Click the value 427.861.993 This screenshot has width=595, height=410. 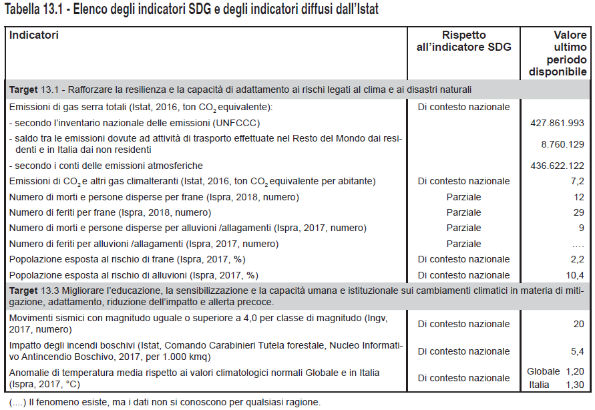pyautogui.click(x=556, y=123)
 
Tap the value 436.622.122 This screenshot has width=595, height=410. pyautogui.click(x=556, y=165)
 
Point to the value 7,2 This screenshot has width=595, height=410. pyautogui.click(x=578, y=181)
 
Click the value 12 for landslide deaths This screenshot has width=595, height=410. pyautogui.click(x=579, y=197)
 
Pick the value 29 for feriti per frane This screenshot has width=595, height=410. pyautogui.click(x=579, y=212)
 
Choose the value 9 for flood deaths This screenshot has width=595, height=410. pyautogui.click(x=582, y=228)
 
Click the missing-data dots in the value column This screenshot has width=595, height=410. pyautogui.click(x=578, y=244)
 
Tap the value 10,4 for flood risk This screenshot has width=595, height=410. pyautogui.click(x=576, y=275)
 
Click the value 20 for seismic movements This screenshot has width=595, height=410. pyautogui.click(x=579, y=324)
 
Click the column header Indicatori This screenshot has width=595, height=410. pyautogui.click(x=34, y=35)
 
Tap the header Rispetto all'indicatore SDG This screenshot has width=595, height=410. pyautogui.click(x=463, y=41)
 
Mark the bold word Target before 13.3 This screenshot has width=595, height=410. pyautogui.click(x=23, y=290)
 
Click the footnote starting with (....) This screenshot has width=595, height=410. pyautogui.click(x=164, y=402)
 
